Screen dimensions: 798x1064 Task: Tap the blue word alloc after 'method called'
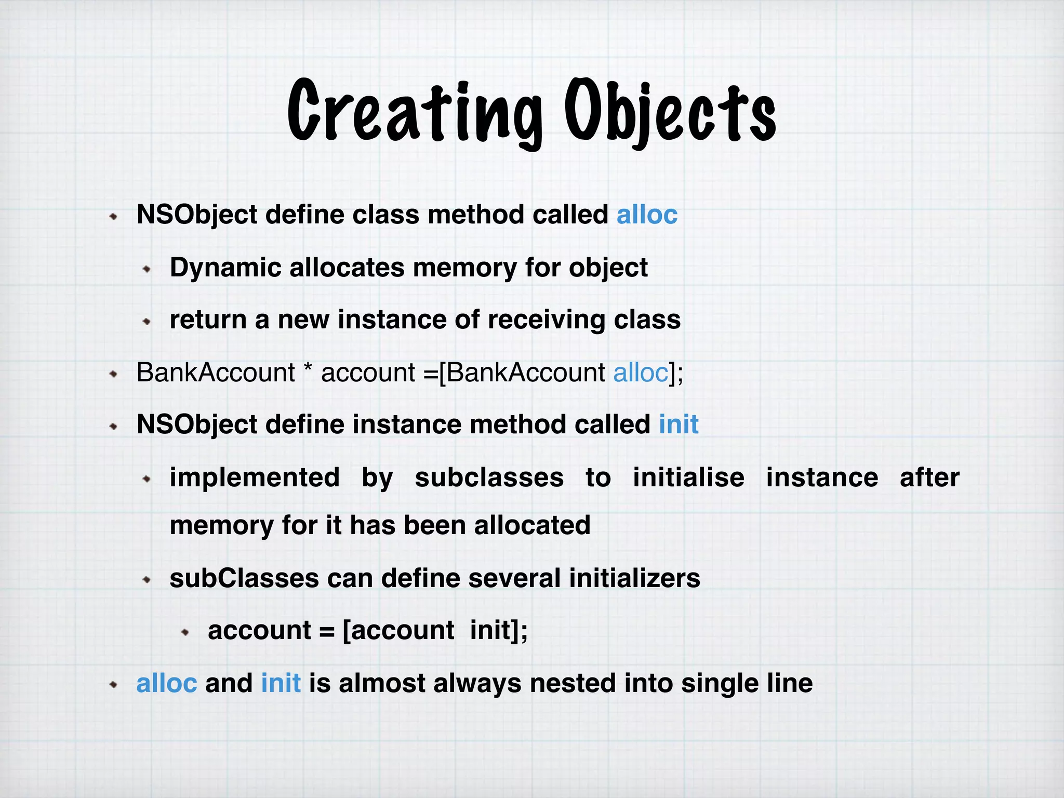[647, 215]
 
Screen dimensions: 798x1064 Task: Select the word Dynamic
[225, 268]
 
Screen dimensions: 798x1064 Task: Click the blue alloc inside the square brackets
[641, 373]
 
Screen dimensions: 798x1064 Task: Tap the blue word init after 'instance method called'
[679, 424]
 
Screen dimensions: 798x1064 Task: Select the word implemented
[255, 477]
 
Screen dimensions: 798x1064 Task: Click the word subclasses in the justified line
[489, 477]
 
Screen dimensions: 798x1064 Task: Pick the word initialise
[688, 477]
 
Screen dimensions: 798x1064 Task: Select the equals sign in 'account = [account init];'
[327, 631]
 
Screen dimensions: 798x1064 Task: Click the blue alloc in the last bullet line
[166, 683]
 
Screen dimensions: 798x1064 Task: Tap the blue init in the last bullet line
[281, 683]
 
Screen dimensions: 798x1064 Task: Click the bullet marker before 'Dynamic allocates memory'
[147, 270]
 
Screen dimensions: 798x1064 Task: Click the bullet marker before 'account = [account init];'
[185, 632]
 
